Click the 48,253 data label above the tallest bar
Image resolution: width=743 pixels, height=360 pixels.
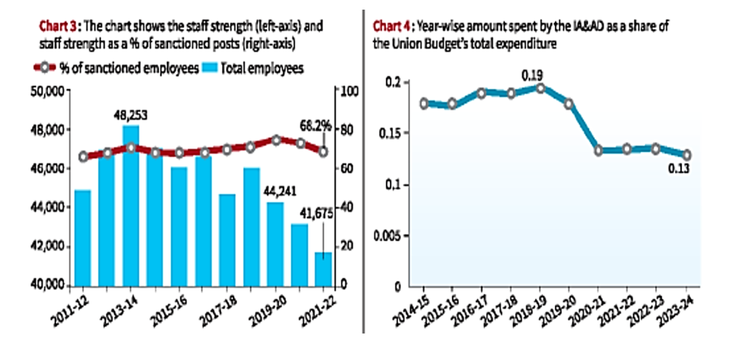pos(131,115)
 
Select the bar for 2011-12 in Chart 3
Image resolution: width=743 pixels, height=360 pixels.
pos(82,237)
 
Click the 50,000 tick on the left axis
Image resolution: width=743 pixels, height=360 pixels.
pos(48,91)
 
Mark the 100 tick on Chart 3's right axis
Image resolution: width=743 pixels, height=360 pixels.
pos(349,91)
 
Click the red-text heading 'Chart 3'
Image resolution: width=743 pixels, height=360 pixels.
pos(57,26)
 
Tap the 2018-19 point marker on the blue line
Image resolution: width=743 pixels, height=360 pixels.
pos(541,88)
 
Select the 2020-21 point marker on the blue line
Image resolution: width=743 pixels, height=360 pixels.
pos(598,151)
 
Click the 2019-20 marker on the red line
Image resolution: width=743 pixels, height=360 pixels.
pos(276,140)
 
